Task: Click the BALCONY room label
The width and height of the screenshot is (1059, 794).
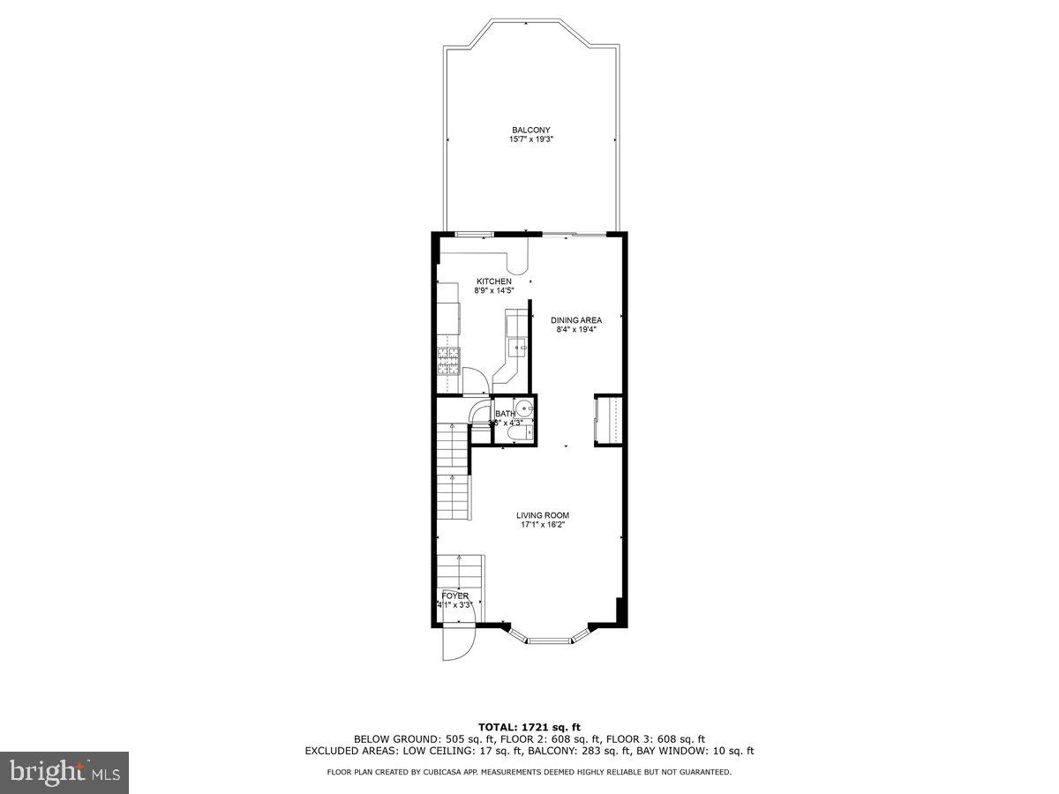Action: (530, 130)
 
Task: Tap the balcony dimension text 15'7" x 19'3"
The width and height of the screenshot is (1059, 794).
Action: (530, 139)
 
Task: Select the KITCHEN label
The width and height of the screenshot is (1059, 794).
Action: (494, 281)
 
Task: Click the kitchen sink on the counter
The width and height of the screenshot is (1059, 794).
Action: (517, 348)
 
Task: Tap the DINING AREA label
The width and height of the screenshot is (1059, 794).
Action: (576, 320)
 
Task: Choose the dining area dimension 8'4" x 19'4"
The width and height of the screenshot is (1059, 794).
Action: (576, 330)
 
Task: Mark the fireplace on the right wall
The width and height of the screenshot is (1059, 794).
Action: (609, 420)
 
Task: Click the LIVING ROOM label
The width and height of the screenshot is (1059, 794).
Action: (543, 515)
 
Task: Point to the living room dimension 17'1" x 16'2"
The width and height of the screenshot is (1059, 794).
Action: (543, 525)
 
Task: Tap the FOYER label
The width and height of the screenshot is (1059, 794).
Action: (455, 596)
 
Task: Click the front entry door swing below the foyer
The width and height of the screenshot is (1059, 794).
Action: (458, 642)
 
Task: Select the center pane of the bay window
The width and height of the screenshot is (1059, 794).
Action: (549, 640)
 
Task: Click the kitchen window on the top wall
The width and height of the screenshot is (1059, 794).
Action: (473, 234)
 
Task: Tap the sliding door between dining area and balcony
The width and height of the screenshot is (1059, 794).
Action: (573, 235)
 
